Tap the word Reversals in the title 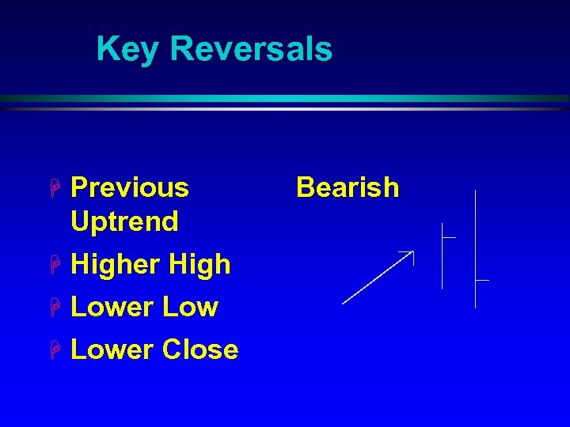point(251,49)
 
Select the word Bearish point(348,187)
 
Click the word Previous point(130,187)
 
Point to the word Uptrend point(124,221)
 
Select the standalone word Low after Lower point(189,307)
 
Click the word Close point(199,350)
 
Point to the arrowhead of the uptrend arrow point(410,254)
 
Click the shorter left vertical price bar point(443,256)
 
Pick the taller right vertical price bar point(475,248)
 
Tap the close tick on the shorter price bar point(450,236)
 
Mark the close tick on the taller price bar point(482,280)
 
